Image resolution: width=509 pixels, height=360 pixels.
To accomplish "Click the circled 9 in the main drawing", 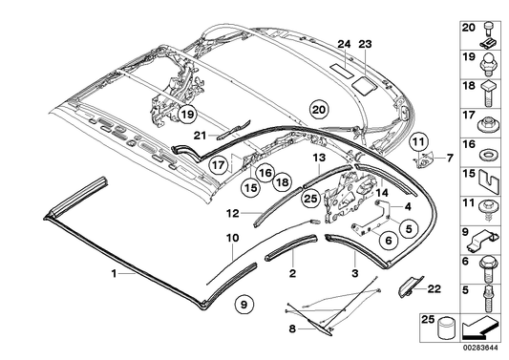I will pos(244,305).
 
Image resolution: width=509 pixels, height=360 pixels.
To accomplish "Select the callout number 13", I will pos(319,157).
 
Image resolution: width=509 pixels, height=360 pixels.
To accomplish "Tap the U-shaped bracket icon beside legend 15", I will pos(489,179).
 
